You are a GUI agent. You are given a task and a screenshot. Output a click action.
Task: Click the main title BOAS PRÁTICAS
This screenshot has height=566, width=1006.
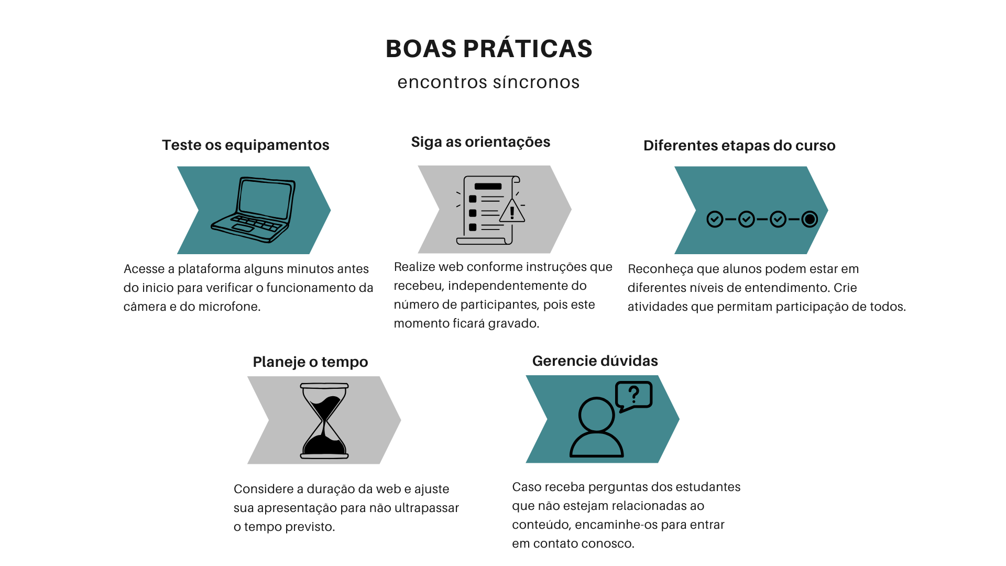tap(489, 49)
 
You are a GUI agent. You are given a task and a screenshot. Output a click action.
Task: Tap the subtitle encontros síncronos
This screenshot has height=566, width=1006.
tap(488, 82)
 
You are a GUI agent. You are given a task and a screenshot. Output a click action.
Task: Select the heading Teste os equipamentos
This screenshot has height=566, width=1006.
tap(246, 145)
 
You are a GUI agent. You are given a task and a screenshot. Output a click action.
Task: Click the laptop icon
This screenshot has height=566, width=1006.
tap(253, 210)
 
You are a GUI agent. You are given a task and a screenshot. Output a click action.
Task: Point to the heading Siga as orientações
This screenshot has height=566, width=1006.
tap(480, 142)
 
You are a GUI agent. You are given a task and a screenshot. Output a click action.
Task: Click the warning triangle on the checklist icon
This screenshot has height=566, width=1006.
tap(512, 211)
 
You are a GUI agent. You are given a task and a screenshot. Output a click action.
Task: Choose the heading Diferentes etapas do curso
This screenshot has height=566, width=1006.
tap(739, 146)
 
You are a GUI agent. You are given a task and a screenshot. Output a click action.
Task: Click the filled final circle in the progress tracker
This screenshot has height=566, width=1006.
tap(810, 219)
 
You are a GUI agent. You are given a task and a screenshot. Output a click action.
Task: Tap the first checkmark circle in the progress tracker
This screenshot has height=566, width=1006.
tap(715, 219)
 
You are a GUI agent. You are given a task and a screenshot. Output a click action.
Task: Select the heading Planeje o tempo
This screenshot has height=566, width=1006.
tap(310, 362)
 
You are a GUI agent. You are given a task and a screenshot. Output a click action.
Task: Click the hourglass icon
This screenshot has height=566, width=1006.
tap(324, 421)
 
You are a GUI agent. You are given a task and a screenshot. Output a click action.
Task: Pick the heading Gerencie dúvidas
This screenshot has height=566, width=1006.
tap(595, 361)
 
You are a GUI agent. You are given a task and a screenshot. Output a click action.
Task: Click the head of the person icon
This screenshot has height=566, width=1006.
tap(596, 415)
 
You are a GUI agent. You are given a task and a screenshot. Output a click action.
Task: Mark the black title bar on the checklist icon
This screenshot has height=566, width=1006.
tap(488, 186)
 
